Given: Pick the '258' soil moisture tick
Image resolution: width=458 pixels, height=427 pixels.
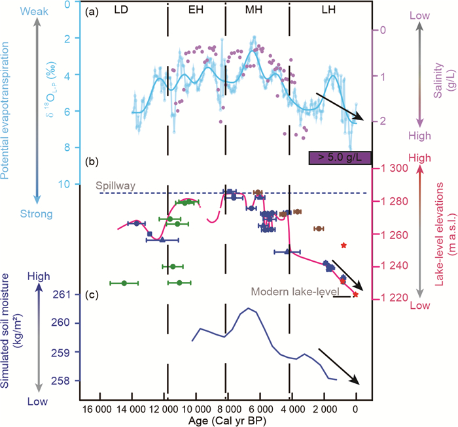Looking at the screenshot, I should [x=65, y=381].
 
